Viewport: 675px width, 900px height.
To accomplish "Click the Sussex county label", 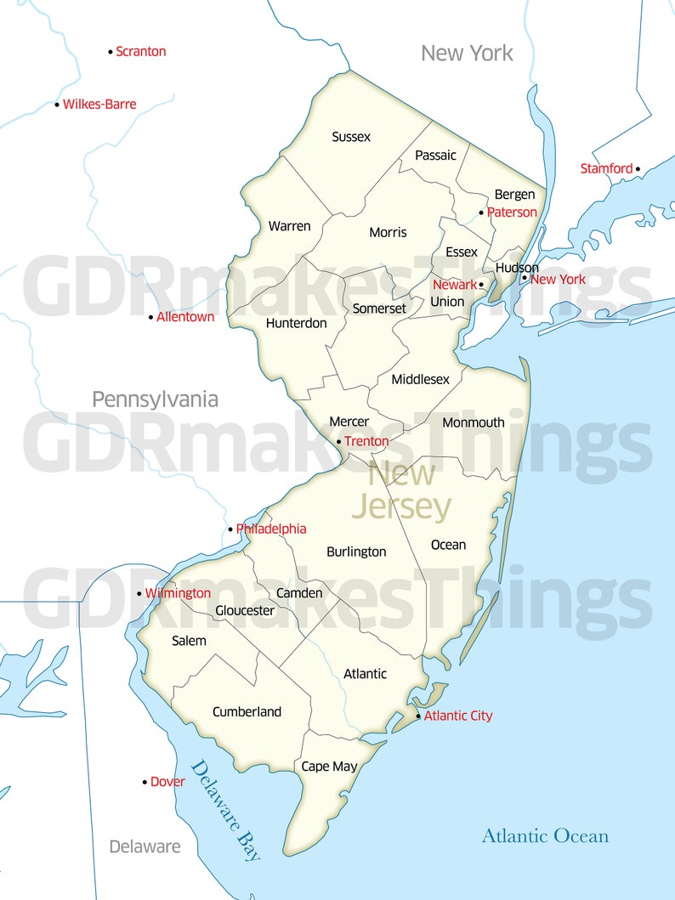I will coord(351,136).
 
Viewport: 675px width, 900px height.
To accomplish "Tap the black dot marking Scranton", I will coord(111,52).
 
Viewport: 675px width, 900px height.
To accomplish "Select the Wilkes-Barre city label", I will coord(99,105).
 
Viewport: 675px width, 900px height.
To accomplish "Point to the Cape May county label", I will coord(329,767).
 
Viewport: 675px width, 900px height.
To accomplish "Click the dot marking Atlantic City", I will coord(418,716).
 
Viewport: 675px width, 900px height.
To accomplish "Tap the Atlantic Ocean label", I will coord(545,835).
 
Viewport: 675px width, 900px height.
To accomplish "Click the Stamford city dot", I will coord(638,169).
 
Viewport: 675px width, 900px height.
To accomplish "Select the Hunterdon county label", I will coord(296,323).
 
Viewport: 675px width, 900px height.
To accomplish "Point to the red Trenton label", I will coord(366,442).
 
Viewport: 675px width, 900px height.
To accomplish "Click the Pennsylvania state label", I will coord(155,399).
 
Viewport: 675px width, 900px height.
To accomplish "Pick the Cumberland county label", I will coord(247,712).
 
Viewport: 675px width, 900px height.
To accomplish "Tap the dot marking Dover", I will coord(145,782).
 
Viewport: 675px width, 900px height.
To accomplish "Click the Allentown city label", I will coord(185,317).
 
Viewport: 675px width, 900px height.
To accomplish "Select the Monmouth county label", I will coord(474,422).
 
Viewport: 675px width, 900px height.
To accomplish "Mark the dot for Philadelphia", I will coord(230,529).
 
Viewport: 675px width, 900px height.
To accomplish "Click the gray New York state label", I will coord(467,54).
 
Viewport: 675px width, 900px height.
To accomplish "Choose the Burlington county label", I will coord(356,552).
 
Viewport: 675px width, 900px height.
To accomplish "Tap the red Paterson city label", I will coord(512,212).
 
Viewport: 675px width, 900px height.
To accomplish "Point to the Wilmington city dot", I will coord(139,593).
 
